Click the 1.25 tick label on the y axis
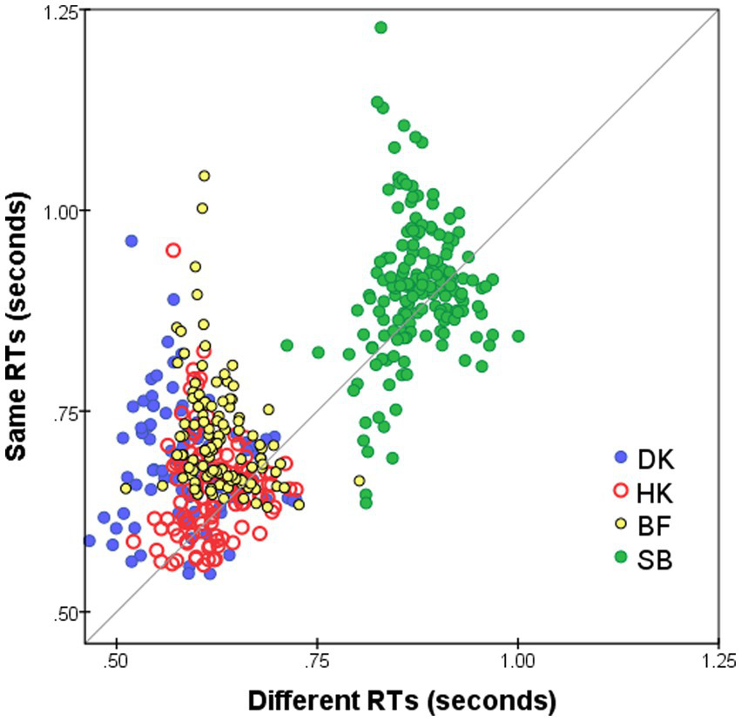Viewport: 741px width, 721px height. [x=60, y=10]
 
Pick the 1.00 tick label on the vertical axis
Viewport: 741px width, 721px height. [x=60, y=211]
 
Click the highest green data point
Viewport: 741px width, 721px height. [x=381, y=28]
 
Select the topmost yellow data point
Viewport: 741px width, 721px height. [x=204, y=176]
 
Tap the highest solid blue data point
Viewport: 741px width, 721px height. [x=131, y=241]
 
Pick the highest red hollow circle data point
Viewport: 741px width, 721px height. [x=173, y=250]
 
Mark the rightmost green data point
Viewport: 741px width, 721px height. [x=518, y=335]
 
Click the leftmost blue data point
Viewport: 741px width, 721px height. [x=89, y=541]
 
